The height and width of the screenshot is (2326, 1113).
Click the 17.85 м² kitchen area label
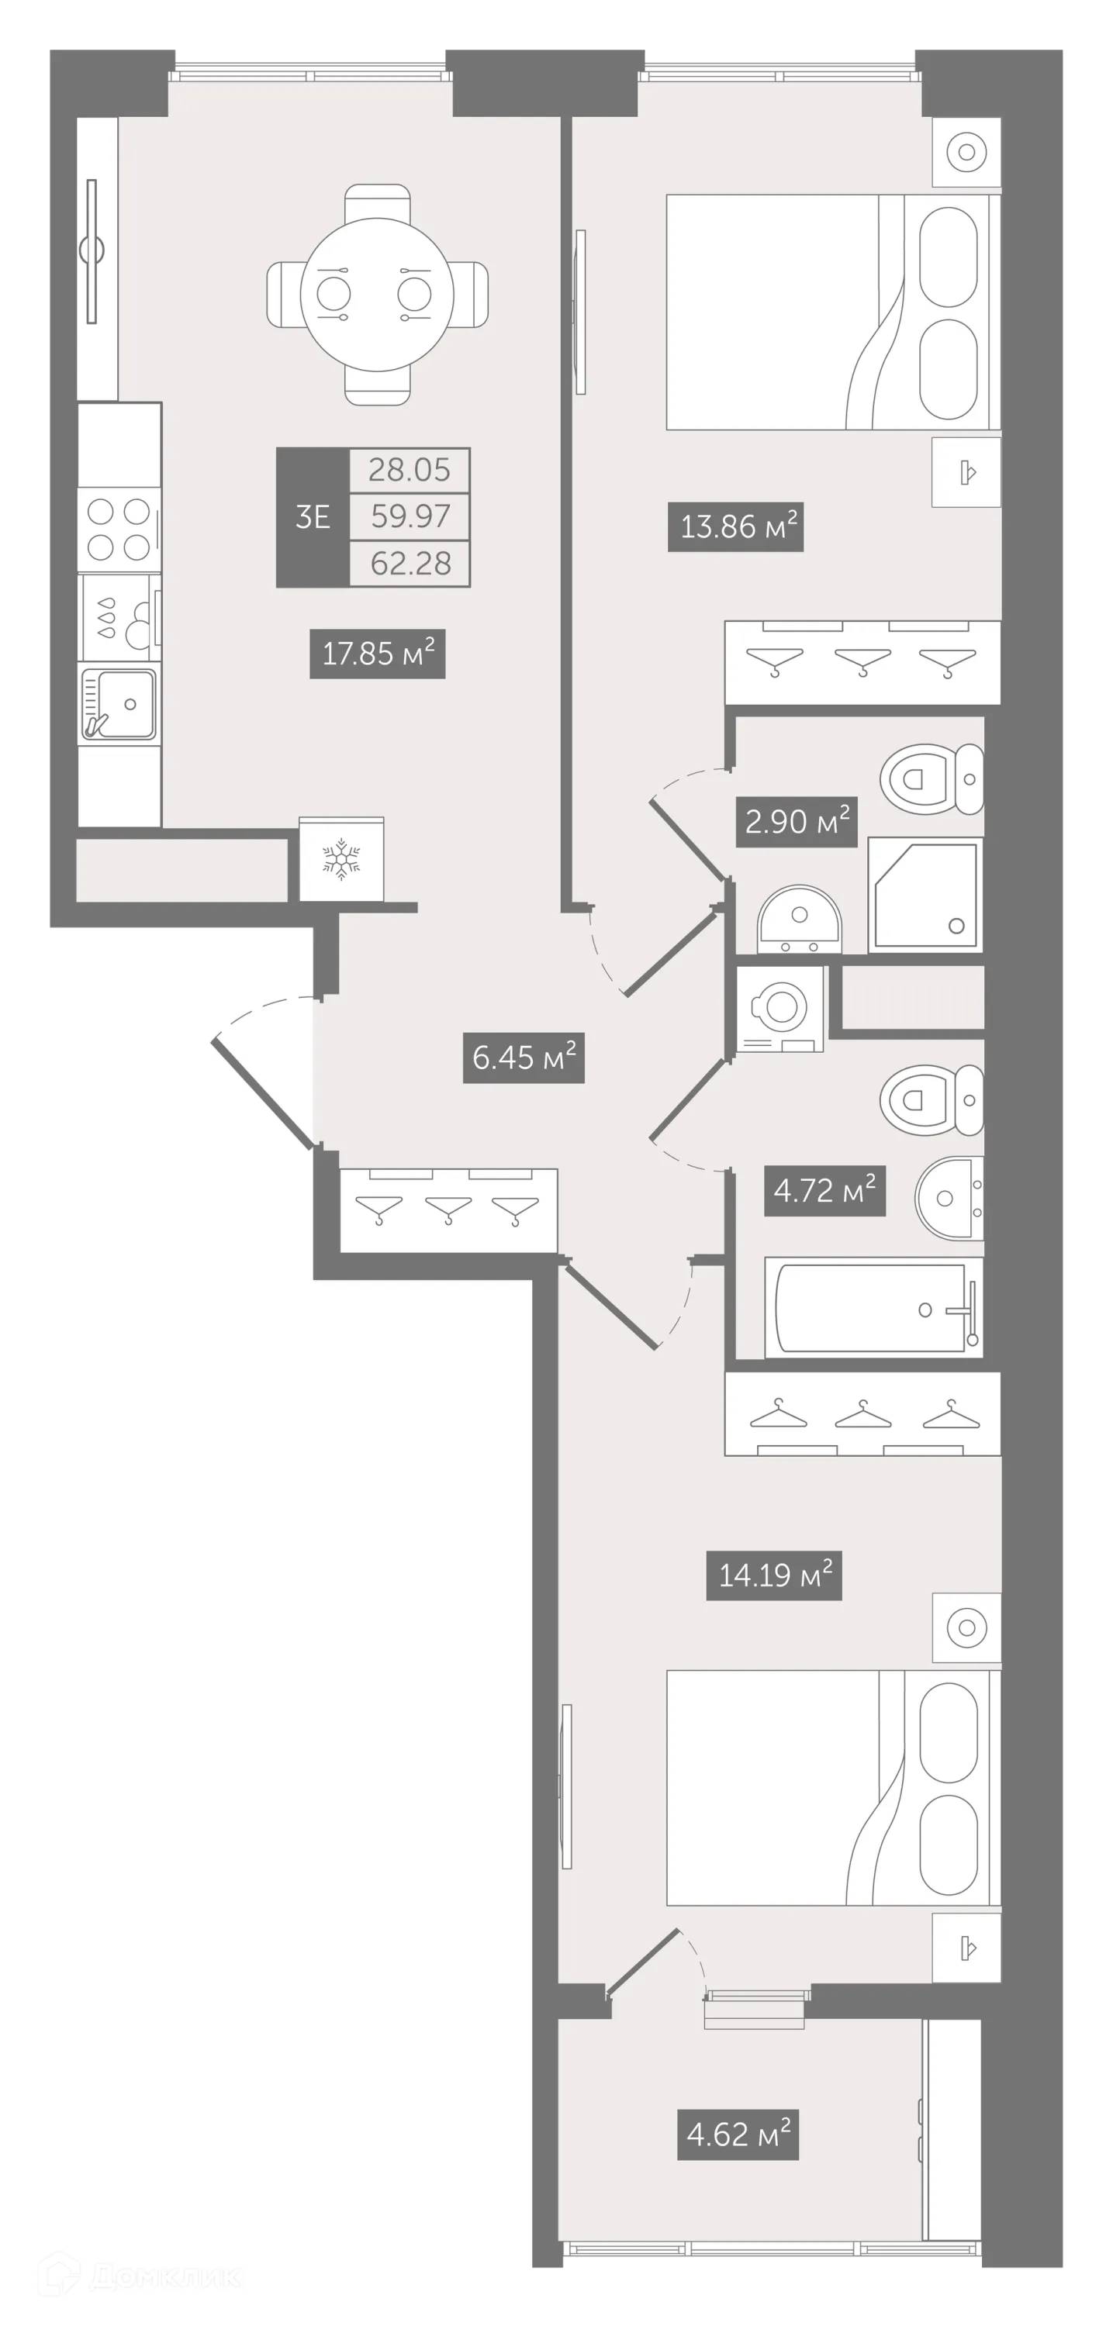(x=378, y=653)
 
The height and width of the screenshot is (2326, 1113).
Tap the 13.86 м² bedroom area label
(x=735, y=526)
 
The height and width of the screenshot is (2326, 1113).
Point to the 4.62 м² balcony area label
(x=738, y=2134)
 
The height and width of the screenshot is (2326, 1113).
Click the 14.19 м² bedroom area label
(x=774, y=1575)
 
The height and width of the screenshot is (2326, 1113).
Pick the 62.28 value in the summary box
(x=410, y=564)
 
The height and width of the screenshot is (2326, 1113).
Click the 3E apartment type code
(x=313, y=517)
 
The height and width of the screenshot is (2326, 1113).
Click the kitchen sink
(x=119, y=704)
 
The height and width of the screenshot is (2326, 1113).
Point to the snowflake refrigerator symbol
(x=341, y=860)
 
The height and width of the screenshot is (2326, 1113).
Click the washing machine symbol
(x=779, y=1008)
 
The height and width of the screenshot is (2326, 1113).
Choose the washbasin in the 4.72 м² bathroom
(x=949, y=1198)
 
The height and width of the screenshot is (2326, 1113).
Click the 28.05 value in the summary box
(x=410, y=470)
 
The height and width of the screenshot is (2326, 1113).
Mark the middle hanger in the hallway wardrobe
(x=448, y=1208)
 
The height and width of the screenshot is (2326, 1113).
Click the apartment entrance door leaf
(x=264, y=1094)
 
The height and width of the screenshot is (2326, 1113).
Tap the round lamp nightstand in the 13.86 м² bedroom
(x=966, y=152)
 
